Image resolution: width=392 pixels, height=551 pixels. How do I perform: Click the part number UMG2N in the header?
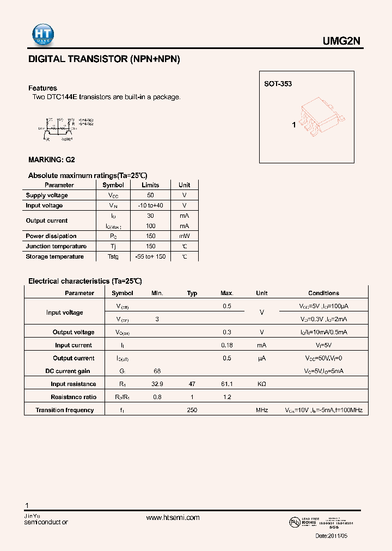pos(346,41)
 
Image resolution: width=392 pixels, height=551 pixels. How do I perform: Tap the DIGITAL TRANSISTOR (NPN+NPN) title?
pos(104,59)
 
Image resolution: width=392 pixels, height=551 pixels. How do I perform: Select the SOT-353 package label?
pos(278,84)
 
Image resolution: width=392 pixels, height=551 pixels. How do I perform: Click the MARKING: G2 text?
pos(51,160)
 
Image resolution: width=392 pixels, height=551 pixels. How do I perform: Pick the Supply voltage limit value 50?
pos(151,195)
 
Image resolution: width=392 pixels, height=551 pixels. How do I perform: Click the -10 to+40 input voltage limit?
pos(151,205)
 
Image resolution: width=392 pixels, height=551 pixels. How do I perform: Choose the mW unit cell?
pos(185,236)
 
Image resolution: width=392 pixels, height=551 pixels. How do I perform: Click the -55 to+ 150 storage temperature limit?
pos(151,256)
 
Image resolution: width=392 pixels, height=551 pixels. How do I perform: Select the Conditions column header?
pos(323,293)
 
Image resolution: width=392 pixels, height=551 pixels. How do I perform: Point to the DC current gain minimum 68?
pos(157,371)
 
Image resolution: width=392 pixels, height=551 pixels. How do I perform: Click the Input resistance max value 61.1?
pos(227,384)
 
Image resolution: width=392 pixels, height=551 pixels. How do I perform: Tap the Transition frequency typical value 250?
pos(192,410)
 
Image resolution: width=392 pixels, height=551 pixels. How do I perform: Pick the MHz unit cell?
pos(262,410)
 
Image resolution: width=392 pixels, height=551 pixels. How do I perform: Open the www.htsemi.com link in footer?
pos(173,518)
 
